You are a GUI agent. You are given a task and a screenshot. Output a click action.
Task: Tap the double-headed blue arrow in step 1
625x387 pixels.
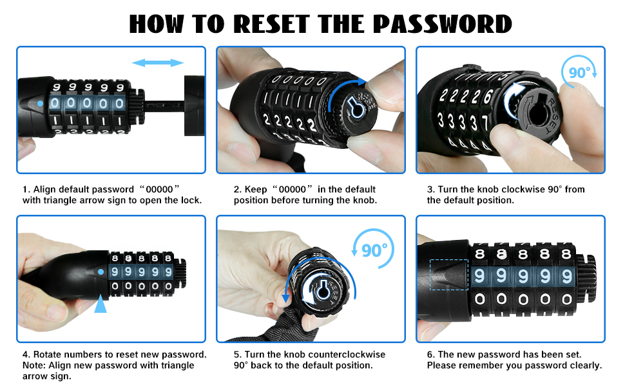click(x=158, y=63)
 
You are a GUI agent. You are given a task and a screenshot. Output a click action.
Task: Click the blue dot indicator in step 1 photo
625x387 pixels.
click(x=40, y=103)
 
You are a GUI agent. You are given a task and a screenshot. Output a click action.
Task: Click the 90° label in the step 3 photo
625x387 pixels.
click(x=580, y=73)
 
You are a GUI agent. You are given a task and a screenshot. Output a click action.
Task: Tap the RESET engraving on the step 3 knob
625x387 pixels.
click(x=550, y=115)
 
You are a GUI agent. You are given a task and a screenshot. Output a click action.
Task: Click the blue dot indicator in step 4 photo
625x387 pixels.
click(x=101, y=272)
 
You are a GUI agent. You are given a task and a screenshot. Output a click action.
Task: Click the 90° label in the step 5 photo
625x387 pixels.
click(x=374, y=250)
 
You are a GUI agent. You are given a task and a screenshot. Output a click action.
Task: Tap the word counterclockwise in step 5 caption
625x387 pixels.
click(x=347, y=354)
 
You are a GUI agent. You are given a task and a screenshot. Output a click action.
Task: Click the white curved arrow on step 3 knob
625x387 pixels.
click(x=514, y=99)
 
